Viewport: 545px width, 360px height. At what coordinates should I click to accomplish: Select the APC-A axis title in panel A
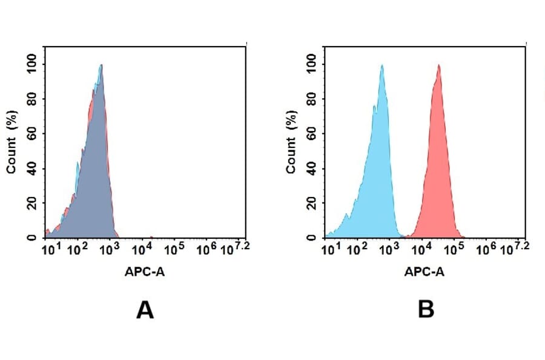click(x=145, y=272)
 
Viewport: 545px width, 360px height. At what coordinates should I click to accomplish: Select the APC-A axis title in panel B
click(x=424, y=272)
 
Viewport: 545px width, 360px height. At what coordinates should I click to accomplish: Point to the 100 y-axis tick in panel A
click(x=32, y=64)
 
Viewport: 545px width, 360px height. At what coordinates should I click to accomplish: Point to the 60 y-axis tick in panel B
click(x=312, y=133)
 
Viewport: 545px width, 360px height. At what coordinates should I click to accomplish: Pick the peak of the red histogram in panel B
click(x=438, y=65)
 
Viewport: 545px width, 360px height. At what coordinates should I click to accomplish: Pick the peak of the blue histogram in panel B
click(x=382, y=65)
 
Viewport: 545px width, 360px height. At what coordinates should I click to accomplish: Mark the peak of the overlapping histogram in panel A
click(x=102, y=65)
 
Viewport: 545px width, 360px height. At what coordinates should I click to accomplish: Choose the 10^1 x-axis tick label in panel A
click(x=50, y=249)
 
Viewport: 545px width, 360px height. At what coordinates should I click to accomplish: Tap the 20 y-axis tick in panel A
click(x=32, y=203)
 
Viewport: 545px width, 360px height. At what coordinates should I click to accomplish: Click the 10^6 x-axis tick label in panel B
click(x=486, y=249)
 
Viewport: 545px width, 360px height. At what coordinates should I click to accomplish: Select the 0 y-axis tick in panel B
click(x=312, y=238)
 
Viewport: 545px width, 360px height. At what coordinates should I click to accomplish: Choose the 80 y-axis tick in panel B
click(x=312, y=98)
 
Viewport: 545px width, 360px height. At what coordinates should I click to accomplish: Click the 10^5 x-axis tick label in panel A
click(x=174, y=249)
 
